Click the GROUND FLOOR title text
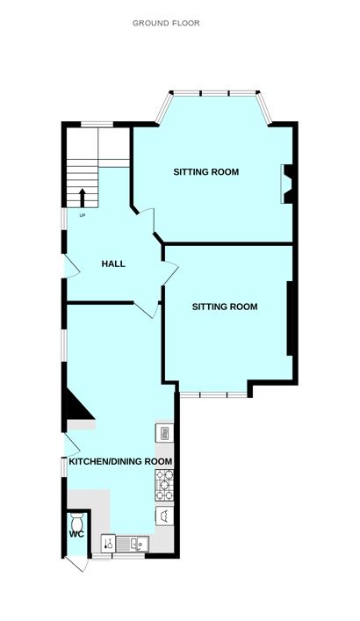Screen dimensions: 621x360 click(x=166, y=23)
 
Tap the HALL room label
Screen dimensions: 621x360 click(x=113, y=264)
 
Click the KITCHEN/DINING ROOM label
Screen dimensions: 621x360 click(x=114, y=461)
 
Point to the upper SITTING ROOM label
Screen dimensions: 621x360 click(x=206, y=171)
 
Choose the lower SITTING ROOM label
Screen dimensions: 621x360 click(x=225, y=307)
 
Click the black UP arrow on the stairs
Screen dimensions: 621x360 click(x=83, y=198)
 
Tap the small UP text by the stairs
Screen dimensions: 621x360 click(x=83, y=215)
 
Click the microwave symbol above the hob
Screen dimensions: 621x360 click(x=164, y=432)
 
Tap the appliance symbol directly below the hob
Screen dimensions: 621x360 click(x=164, y=515)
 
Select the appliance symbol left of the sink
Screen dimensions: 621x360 click(x=108, y=542)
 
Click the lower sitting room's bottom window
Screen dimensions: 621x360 click(x=214, y=394)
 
